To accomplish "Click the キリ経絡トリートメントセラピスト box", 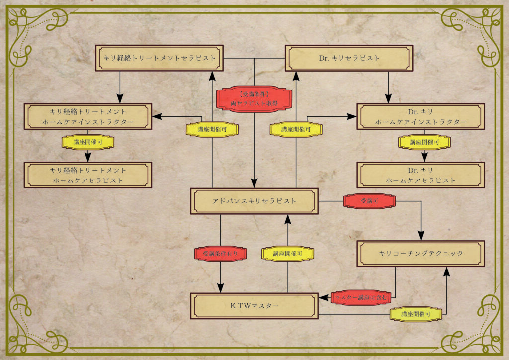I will coord(160,58).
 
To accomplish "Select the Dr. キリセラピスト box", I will coord(348,58).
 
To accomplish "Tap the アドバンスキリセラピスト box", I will coord(254,201).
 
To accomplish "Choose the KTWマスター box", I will coord(254,306).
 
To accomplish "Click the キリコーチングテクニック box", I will coord(421,254).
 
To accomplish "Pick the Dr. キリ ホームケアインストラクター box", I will coord(421,117).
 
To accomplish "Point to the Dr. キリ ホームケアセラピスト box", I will coord(421,175).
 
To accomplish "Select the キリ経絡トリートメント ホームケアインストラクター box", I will coord(88,117).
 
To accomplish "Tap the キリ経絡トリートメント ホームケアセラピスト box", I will coord(88,175).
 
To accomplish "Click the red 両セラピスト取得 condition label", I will coord(254,98).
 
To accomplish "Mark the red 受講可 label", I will coord(369,201).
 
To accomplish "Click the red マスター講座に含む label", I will coord(361,297).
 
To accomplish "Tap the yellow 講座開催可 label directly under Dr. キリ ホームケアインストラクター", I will coord(424,142).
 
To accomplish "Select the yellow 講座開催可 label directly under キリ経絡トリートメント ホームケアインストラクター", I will coord(88,142).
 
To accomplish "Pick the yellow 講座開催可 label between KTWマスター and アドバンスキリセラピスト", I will coord(288,254).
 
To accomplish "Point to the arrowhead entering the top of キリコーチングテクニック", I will coord(422,236).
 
